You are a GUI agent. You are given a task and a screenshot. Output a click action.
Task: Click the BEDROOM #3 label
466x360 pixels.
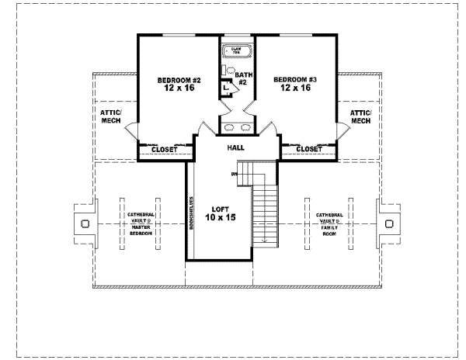(x=292, y=83)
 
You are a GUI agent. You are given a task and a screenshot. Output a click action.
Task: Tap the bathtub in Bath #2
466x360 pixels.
(x=236, y=51)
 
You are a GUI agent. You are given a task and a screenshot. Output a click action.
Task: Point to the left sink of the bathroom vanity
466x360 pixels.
(x=227, y=126)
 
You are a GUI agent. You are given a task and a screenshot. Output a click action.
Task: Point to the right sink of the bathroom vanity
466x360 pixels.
(x=245, y=126)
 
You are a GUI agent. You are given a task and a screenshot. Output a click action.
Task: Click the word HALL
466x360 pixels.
(x=238, y=147)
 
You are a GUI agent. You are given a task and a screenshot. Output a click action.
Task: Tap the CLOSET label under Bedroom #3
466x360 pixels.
(x=309, y=149)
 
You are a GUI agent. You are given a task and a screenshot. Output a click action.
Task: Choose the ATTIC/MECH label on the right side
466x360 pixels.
(x=361, y=116)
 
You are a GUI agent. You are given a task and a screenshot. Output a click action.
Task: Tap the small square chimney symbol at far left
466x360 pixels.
(x=85, y=223)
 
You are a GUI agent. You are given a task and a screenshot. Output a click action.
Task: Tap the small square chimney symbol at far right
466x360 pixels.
(x=387, y=223)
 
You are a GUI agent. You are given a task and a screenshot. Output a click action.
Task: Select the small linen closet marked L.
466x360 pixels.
(x=224, y=88)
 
